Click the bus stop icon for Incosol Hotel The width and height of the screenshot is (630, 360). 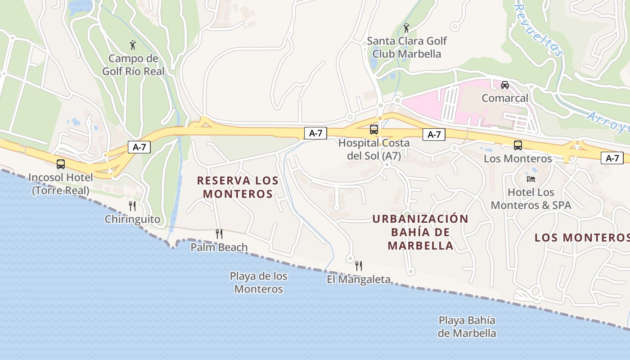pos(61,164)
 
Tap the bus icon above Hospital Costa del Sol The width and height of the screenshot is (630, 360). pos(374,130)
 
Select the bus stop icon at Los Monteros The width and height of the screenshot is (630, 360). pos(518,145)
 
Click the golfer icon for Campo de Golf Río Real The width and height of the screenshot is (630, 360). pos(133,45)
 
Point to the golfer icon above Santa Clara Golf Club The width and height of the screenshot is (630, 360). pos(407,28)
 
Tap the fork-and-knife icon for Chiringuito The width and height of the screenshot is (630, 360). pos(132,206)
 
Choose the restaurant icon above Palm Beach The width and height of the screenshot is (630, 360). pos(219,234)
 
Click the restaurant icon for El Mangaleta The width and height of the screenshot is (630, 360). pos(359,266)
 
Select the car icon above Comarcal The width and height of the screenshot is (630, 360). pos(505,85)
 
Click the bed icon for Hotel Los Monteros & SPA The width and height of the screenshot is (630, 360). pos(531,179)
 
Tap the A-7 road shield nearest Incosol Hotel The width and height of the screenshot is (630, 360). pos(139,147)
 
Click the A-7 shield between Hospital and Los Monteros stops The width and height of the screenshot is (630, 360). pos(434,135)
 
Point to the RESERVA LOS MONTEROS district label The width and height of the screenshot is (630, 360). pos(238,187)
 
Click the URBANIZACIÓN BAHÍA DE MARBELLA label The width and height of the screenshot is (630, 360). pos(420,232)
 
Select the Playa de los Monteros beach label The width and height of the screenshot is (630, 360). pos(258,283)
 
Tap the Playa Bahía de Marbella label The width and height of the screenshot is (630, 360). pos(467,327)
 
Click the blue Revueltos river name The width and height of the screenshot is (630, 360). pos(538,31)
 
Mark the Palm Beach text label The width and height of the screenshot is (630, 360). pos(219,247)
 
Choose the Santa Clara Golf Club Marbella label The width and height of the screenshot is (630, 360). pos(407,47)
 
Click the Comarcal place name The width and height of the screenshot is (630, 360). pos(505,98)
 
